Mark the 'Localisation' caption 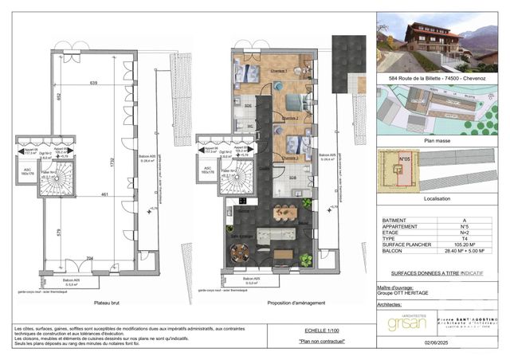coord(438,198)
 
